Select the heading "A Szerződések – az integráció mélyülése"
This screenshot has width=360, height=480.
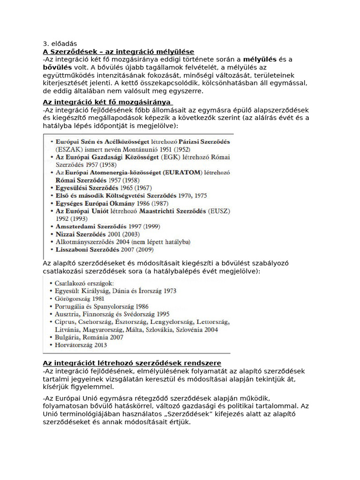[118, 52]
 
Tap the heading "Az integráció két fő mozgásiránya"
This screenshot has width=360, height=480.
[107, 102]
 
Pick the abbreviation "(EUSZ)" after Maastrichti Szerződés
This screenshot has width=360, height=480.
[219, 211]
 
